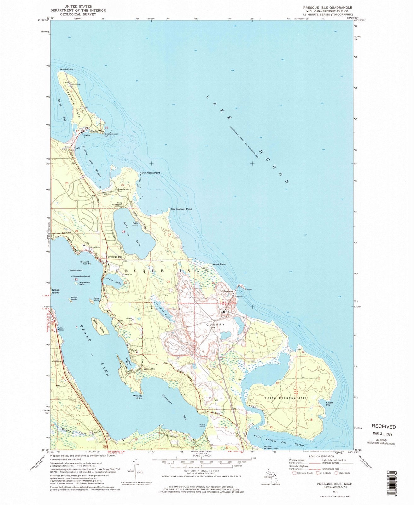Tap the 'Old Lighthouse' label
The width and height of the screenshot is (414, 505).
coord(111,134)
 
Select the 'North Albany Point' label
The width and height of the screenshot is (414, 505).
coord(150,173)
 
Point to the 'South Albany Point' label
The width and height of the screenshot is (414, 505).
coord(181,209)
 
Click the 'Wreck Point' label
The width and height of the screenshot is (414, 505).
coord(219,264)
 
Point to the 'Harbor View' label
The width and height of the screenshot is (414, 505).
coord(97,131)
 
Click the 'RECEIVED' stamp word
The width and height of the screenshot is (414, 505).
coord(383,426)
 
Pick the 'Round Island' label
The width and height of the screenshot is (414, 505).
coord(76,270)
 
